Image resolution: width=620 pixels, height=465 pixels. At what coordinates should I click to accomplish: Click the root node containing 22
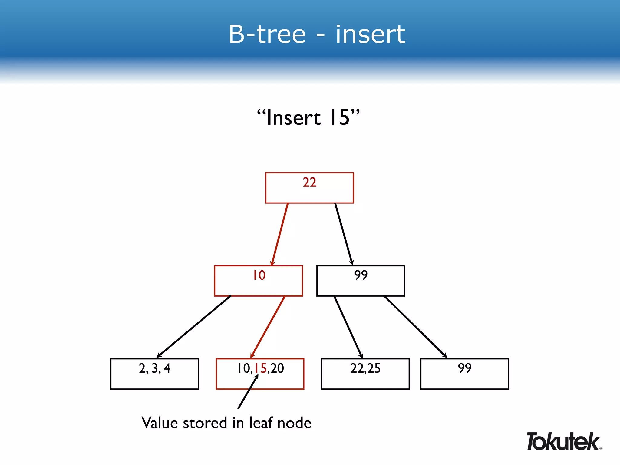pos(309,188)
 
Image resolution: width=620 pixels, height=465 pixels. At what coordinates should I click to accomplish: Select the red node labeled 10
pos(258,281)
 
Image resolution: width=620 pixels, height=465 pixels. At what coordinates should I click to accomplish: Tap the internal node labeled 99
pos(361,281)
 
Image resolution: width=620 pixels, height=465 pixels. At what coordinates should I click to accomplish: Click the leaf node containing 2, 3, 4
pos(154,374)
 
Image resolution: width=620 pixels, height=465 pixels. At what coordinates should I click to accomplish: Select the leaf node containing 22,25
pos(365,374)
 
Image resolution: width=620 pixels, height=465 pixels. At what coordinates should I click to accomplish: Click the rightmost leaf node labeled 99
pos(464,374)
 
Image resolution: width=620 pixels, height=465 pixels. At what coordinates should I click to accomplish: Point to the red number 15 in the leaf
pos(260,368)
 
